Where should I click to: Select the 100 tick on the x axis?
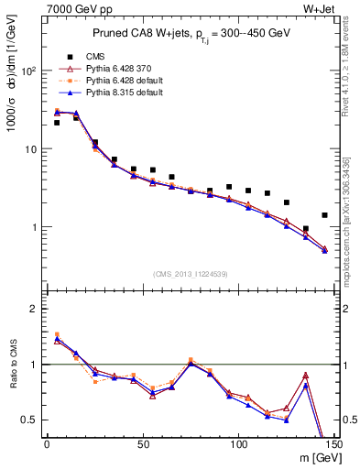click(238, 446)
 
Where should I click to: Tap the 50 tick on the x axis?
click(143, 446)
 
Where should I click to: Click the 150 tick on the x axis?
click(333, 446)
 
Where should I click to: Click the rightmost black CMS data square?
click(324, 215)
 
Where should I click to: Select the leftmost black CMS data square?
click(57, 123)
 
